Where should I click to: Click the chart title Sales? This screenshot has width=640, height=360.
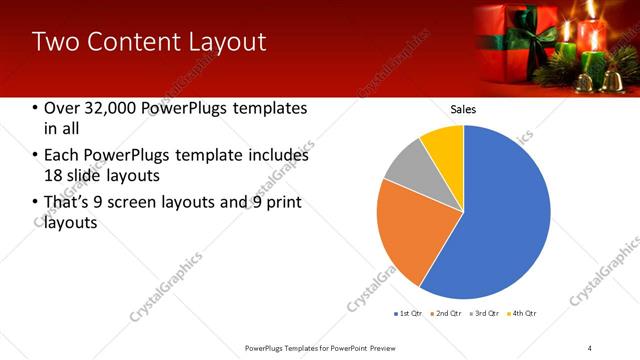(463, 109)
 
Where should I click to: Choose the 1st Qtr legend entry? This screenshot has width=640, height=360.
(409, 314)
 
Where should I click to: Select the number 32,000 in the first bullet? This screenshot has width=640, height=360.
(109, 109)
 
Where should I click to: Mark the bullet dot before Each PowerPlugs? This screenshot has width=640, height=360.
(37, 156)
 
